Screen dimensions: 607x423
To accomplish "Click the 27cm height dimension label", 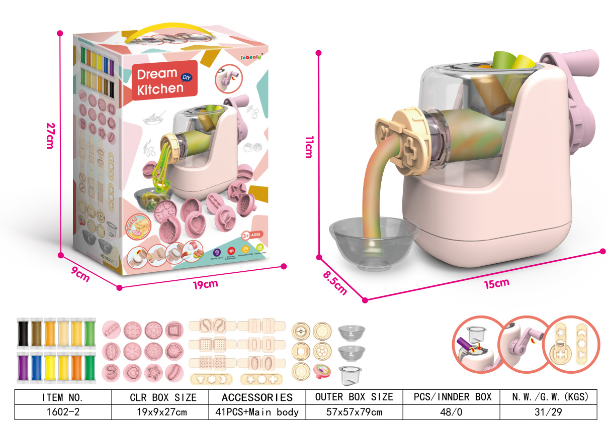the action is [49, 136].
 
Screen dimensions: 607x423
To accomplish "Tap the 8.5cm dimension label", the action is [335, 282].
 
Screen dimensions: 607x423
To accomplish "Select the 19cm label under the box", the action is [206, 284].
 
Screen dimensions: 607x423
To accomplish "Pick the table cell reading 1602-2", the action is [62, 412].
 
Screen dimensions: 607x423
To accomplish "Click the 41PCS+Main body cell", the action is [257, 412].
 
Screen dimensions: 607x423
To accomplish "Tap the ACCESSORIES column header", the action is [257, 397].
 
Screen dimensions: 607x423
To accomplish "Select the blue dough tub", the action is [36, 367].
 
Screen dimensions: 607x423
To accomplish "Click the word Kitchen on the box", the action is [160, 88].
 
